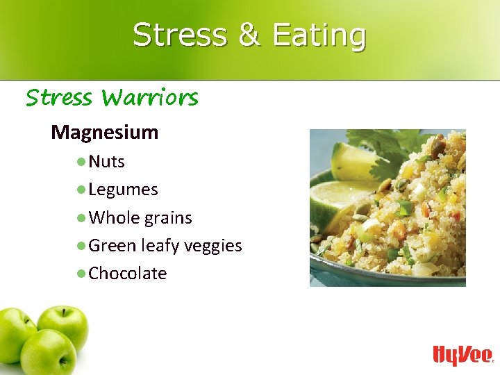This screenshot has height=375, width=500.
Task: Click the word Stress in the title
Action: click(179, 35)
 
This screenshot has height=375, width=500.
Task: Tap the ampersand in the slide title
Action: click(249, 35)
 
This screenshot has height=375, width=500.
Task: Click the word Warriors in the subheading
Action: click(149, 97)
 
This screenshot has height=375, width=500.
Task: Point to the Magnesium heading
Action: click(104, 132)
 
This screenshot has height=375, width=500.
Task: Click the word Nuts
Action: click(106, 162)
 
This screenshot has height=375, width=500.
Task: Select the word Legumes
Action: click(123, 190)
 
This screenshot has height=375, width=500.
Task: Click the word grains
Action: click(168, 218)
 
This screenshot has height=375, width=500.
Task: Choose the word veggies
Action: click(215, 247)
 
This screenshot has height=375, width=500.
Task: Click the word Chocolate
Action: click(128, 274)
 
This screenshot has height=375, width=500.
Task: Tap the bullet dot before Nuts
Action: click(81, 162)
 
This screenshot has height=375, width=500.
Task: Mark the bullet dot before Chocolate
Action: click(81, 274)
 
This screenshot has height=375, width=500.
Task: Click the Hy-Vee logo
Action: click(462, 354)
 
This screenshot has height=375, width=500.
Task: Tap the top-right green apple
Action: click(63, 325)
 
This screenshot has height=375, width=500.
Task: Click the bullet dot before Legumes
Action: click(81, 190)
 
